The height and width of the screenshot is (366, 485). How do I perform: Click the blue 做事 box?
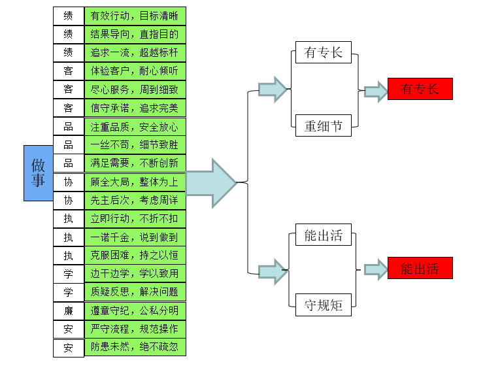[x=39, y=172]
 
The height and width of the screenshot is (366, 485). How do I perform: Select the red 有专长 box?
[x=420, y=89]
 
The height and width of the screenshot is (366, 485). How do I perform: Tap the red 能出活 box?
[x=420, y=268]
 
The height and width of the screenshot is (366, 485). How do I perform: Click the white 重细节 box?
[x=323, y=125]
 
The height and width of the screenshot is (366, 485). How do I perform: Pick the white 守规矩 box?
[x=323, y=305]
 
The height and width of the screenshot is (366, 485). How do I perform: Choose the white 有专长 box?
[x=323, y=52]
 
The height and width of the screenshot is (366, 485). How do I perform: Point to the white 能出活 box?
[x=323, y=235]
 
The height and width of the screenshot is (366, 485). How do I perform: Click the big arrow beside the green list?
[x=210, y=183]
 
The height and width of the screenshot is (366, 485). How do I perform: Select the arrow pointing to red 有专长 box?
[x=376, y=91]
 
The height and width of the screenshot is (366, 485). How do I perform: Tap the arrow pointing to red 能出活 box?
[x=376, y=269]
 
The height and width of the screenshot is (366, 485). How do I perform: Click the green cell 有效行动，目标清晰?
[x=135, y=16]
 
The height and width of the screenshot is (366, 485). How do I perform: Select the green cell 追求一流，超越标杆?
[x=135, y=53]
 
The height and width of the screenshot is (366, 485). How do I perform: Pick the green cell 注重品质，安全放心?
[x=135, y=126]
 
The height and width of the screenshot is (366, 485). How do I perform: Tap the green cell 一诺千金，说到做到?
[x=135, y=237]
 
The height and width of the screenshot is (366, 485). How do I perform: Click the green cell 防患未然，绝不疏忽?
[x=135, y=346]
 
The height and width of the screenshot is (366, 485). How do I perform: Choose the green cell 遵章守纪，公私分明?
[x=135, y=310]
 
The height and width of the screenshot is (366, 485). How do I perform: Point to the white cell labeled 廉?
[x=69, y=310]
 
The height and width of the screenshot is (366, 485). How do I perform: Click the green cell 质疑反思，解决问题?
[x=135, y=291]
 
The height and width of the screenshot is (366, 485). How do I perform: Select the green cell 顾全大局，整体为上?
[x=135, y=182]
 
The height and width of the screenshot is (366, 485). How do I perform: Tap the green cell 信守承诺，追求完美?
[x=135, y=108]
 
